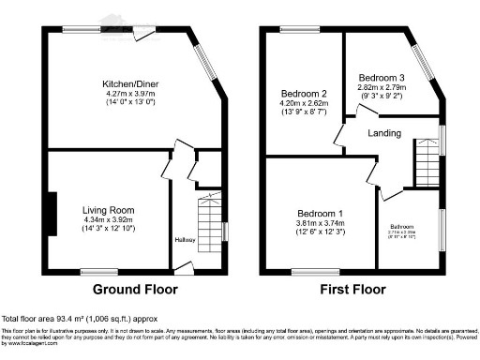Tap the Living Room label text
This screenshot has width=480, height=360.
[109, 210]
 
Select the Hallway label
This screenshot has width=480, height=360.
[185, 239]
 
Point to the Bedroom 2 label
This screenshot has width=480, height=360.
[304, 94]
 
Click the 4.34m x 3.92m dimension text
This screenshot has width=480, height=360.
[109, 221]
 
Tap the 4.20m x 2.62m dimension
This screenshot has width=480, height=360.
[304, 105]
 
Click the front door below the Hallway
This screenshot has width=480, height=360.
[185, 267]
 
